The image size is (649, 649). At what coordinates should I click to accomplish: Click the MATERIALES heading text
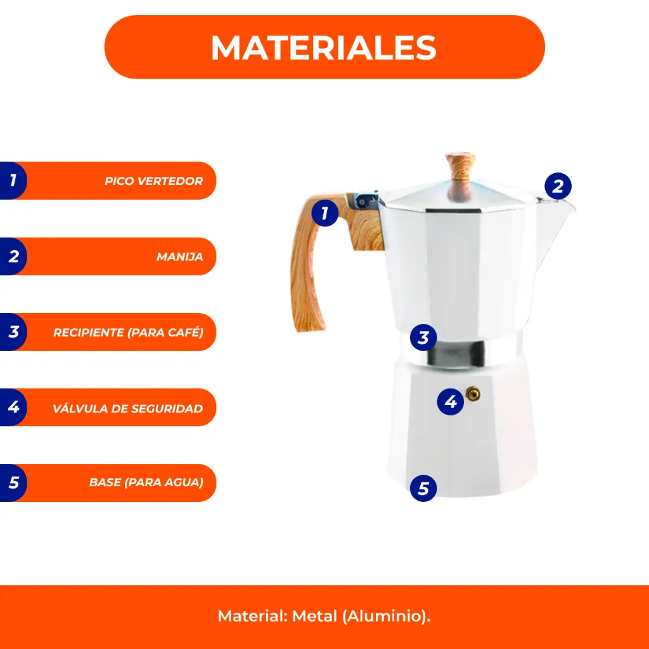[324, 48]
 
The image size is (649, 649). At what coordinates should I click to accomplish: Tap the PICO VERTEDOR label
[153, 181]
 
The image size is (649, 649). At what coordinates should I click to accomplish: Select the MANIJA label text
[179, 257]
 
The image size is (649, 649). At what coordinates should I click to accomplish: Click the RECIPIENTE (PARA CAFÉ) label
[128, 332]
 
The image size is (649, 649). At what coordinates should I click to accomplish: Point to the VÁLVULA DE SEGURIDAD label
[127, 409]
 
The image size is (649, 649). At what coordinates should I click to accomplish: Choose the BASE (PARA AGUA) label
[146, 482]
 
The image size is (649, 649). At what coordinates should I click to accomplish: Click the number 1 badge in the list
[13, 181]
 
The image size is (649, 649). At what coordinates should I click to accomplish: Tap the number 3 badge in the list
[13, 332]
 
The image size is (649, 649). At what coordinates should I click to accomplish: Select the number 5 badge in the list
[13, 482]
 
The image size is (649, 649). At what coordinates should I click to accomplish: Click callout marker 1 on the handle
[325, 213]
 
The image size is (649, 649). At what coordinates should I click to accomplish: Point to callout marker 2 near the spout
[558, 186]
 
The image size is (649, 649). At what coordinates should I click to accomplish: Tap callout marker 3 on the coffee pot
[423, 338]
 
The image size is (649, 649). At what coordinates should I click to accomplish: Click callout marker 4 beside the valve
[451, 402]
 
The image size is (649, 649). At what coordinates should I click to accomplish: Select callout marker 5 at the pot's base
[423, 489]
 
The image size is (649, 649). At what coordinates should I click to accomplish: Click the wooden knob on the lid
[460, 176]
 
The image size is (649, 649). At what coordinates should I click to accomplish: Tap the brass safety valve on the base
[473, 394]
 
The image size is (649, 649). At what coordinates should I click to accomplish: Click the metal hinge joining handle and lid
[366, 201]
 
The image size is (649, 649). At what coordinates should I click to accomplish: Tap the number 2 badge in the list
[13, 256]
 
